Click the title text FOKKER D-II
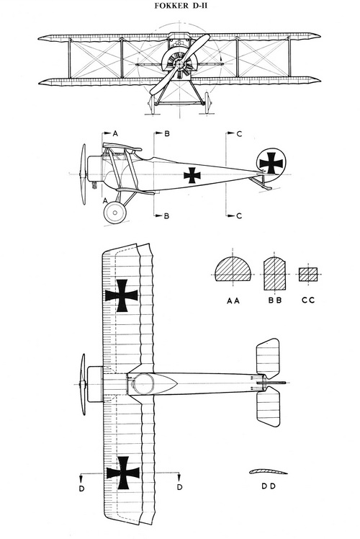(x=181, y=6)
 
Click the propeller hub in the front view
(x=179, y=64)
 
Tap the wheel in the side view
(x=114, y=213)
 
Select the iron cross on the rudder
(x=271, y=163)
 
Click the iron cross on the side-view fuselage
(x=192, y=175)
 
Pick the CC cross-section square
(x=307, y=275)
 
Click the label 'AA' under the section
(x=233, y=300)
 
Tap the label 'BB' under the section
(x=275, y=300)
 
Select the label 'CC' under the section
(x=308, y=300)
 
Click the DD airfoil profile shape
(x=268, y=471)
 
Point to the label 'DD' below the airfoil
(x=269, y=486)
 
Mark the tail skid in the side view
(x=261, y=182)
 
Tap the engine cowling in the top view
(x=95, y=384)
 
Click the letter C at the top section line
(x=240, y=134)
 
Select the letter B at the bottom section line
(x=166, y=216)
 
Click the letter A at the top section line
(x=115, y=133)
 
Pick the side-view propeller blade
(x=83, y=174)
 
